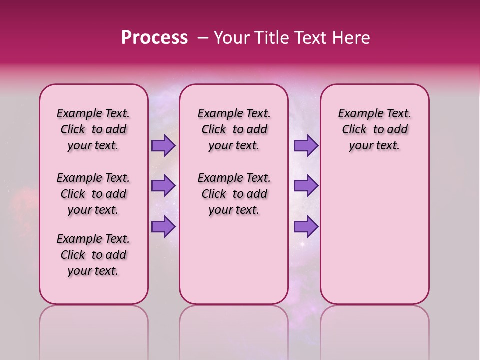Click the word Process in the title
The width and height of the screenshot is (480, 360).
click(x=154, y=38)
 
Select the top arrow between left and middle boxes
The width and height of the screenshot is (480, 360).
click(x=163, y=145)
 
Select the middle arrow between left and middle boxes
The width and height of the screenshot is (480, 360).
click(x=163, y=186)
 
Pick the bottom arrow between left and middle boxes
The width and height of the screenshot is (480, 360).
click(x=163, y=226)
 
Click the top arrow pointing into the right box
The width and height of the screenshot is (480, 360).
click(x=306, y=145)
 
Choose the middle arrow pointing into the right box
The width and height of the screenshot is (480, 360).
click(x=306, y=186)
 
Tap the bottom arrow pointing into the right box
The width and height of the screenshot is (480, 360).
click(x=306, y=226)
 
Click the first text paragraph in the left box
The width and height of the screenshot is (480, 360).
click(x=93, y=129)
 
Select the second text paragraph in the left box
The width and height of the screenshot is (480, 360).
click(x=93, y=194)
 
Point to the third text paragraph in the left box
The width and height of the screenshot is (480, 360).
click(x=93, y=255)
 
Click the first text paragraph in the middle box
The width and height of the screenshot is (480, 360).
click(x=234, y=129)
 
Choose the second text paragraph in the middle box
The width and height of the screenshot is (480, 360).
click(x=234, y=194)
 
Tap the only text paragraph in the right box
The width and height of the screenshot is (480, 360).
click(x=374, y=129)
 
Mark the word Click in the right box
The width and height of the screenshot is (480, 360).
click(x=354, y=130)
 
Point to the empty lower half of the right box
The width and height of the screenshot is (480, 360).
click(x=374, y=235)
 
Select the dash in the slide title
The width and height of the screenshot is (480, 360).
click(x=203, y=38)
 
